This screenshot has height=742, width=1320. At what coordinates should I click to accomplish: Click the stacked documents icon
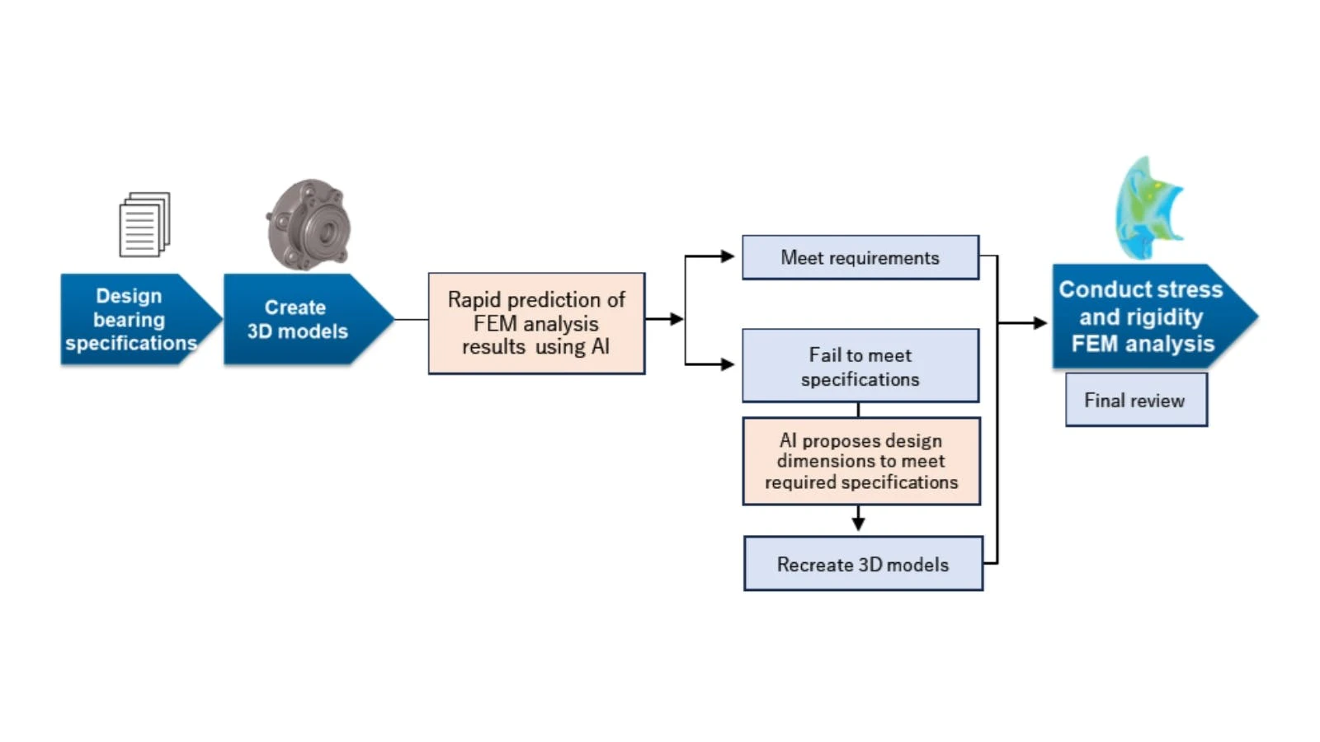144,224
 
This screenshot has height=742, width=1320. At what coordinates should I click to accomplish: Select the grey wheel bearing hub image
309,224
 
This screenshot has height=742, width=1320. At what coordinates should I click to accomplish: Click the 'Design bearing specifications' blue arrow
132,319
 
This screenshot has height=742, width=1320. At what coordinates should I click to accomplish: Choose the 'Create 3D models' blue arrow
301,319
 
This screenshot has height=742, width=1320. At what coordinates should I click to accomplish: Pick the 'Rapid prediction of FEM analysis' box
536,323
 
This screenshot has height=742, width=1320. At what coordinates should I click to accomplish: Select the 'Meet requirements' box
860,258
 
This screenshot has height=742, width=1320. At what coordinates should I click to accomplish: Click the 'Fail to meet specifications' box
860,366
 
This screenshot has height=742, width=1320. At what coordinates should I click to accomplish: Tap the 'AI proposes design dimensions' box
861,461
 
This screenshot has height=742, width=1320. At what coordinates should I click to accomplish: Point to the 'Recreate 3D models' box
863,564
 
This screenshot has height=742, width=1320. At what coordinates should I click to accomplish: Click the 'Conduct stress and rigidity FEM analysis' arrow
1147,317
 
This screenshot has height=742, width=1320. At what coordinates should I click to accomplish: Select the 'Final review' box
1135,400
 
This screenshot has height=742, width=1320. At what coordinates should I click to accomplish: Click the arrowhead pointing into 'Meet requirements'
727,256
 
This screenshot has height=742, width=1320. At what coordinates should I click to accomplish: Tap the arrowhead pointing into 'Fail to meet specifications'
727,364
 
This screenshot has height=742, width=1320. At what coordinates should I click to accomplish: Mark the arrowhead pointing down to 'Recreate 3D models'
858,523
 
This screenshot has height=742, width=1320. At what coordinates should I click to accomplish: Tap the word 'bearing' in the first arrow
129,319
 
